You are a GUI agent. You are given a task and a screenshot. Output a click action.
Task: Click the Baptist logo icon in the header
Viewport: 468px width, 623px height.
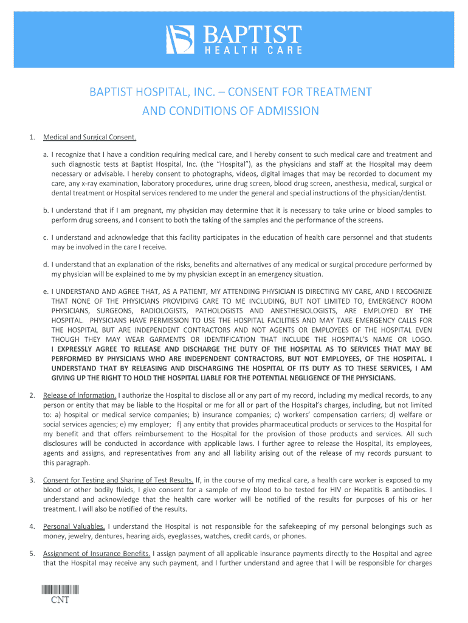pos(180,40)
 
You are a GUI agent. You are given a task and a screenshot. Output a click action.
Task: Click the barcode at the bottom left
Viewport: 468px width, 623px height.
pos(61,590)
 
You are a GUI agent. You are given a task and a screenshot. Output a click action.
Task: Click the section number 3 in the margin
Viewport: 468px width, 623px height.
pos(32,480)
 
